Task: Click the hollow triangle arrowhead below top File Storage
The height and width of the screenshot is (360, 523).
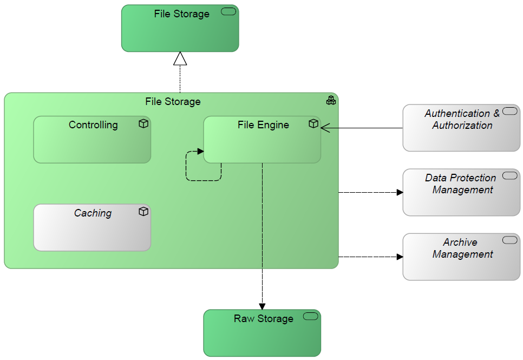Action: point(180,59)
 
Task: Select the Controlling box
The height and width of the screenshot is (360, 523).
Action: point(92,143)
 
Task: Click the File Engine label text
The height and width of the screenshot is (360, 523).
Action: point(263,125)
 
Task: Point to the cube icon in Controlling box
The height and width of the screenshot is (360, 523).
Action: point(143,124)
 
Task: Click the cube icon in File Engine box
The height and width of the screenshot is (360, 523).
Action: point(313,124)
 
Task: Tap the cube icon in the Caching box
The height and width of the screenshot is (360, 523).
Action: point(143,212)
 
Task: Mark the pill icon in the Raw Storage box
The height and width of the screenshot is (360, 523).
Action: point(311,317)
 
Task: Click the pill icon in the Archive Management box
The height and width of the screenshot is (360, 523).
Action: point(510,240)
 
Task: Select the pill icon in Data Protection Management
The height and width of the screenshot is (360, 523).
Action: point(510,175)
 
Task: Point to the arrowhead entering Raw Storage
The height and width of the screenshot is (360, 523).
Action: point(262,306)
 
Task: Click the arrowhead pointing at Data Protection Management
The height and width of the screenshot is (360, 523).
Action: point(400,192)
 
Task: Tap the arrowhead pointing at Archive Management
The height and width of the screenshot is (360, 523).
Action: point(400,257)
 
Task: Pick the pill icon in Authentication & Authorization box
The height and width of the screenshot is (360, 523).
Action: point(510,111)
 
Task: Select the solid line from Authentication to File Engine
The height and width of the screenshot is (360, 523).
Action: point(363,128)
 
